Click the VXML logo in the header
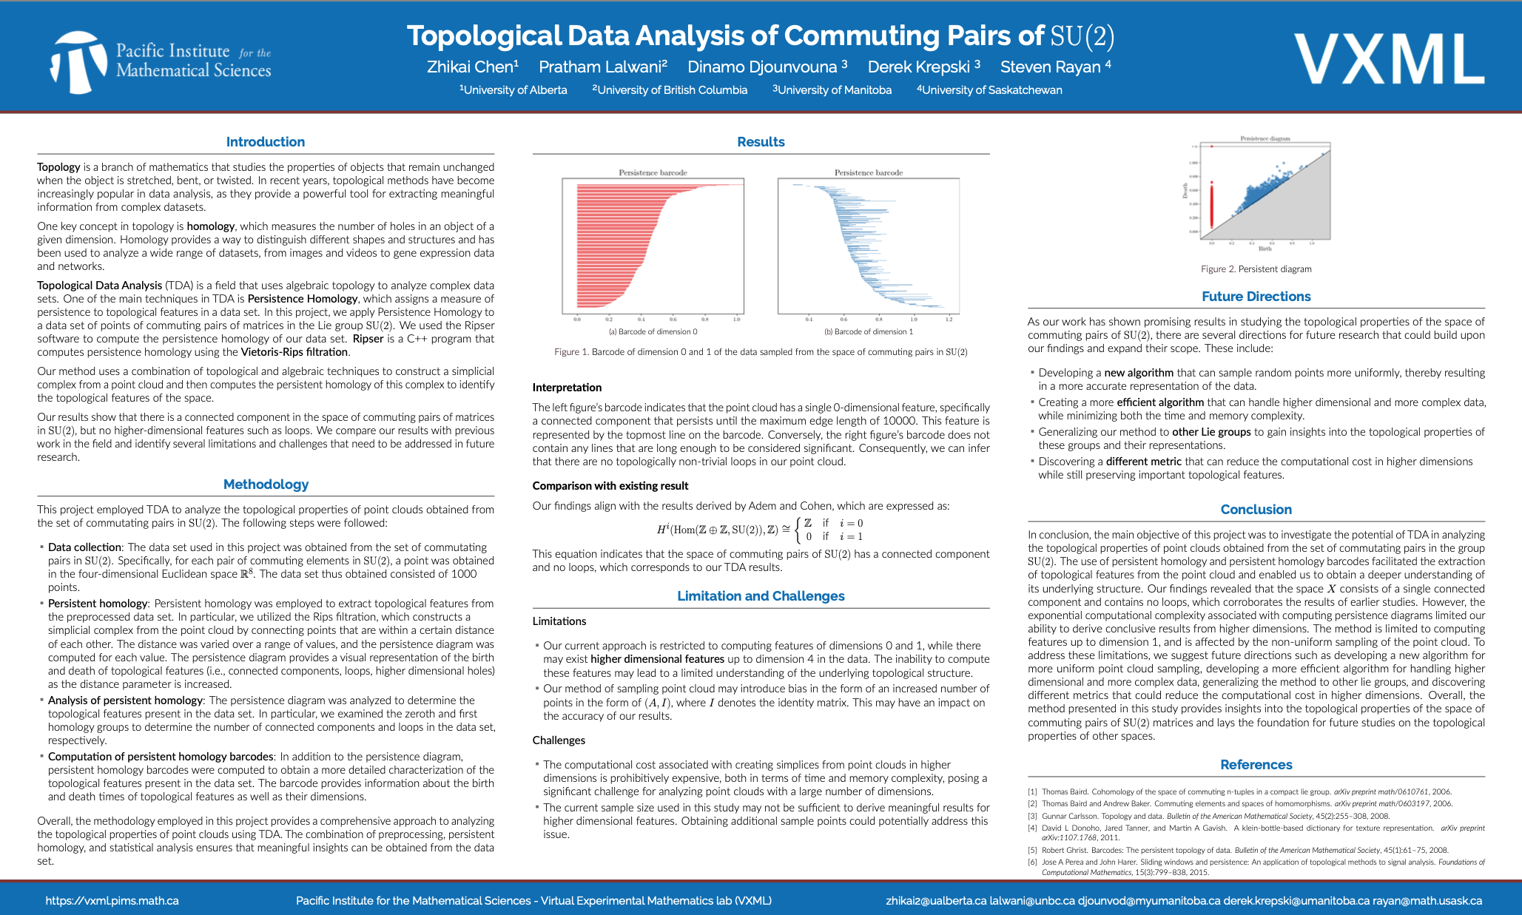click(x=1388, y=60)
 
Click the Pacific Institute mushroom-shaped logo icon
click(x=78, y=61)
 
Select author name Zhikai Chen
click(x=472, y=67)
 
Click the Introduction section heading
click(x=265, y=141)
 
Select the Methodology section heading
click(x=266, y=484)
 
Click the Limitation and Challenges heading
click(x=761, y=595)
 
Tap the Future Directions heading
click(x=1256, y=296)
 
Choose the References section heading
click(x=1256, y=764)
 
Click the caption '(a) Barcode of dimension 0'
click(x=653, y=331)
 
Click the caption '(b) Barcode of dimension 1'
click(x=869, y=331)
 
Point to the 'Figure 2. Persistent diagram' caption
click(x=1256, y=269)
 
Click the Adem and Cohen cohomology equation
click(x=760, y=530)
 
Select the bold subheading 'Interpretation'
click(x=567, y=387)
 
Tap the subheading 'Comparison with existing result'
click(x=610, y=485)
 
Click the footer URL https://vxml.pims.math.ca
click(x=112, y=900)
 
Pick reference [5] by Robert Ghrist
click(x=1243, y=850)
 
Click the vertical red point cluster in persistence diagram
click(x=1211, y=206)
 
